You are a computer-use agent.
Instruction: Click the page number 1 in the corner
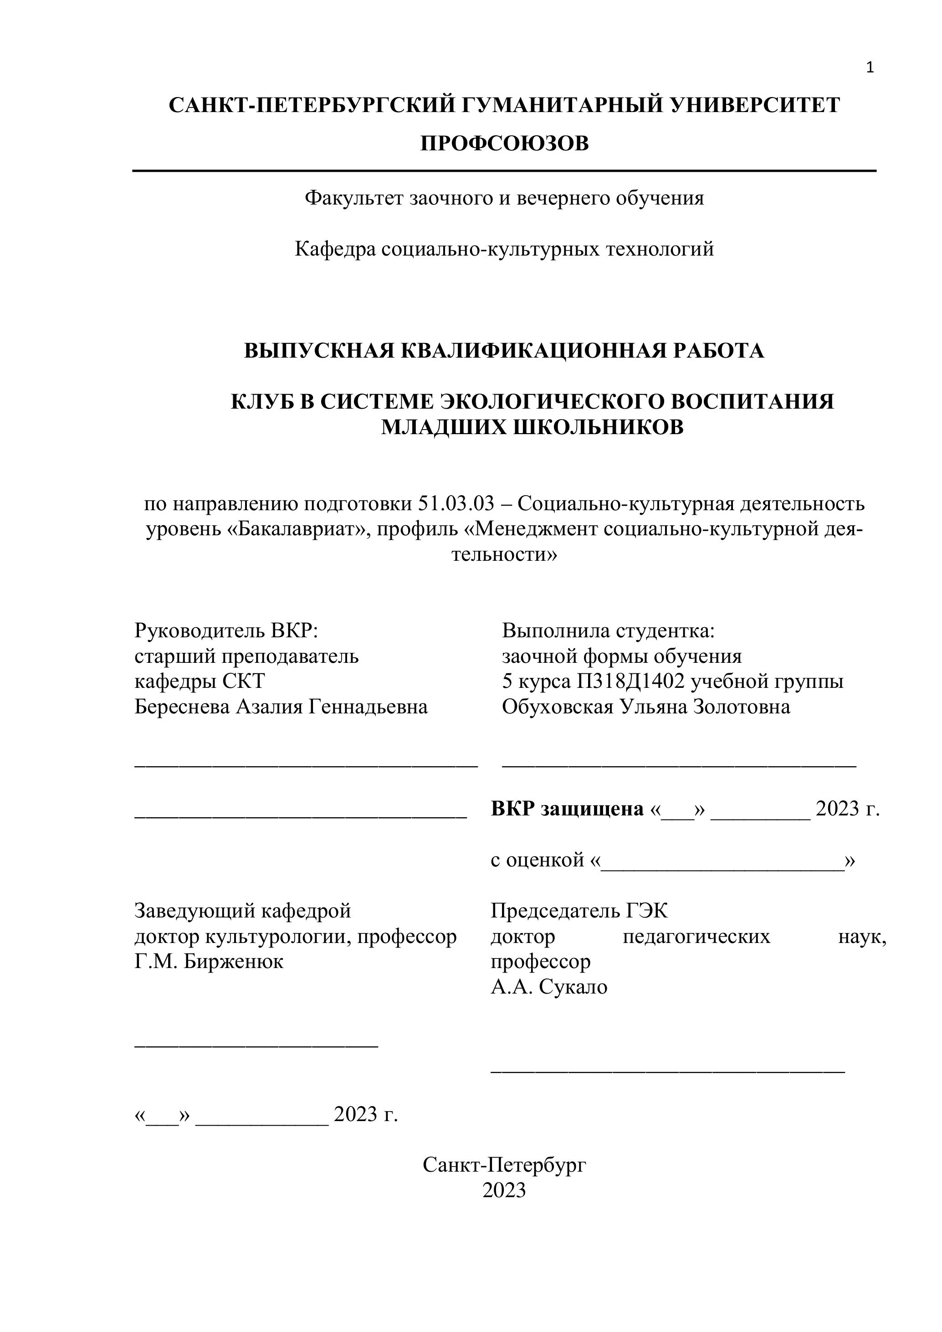pos(869,68)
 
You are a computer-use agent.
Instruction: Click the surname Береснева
pos(182,707)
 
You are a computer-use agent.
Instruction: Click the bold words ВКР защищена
pos(567,809)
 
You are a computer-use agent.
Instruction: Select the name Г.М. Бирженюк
pos(209,962)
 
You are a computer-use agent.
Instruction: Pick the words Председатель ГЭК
pos(579,911)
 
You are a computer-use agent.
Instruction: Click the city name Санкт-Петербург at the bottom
pos(504,1164)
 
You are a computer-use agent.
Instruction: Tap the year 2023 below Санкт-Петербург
pos(504,1190)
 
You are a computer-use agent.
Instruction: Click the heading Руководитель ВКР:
pos(226,630)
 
